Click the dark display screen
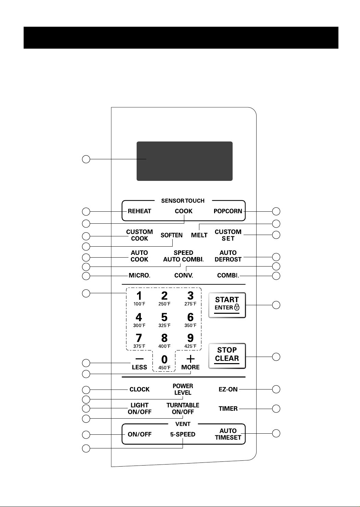[x=184, y=161]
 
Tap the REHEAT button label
[x=139, y=211]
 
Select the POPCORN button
[x=228, y=211]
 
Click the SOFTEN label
[x=172, y=235]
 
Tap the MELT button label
[x=199, y=235]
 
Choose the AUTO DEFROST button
[x=228, y=256]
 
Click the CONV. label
[x=184, y=275]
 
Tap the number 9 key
[x=190, y=338]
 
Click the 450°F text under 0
[x=164, y=368]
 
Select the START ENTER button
[x=227, y=305]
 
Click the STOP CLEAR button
[x=227, y=356]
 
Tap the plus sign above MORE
[x=190, y=359]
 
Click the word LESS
[x=139, y=367]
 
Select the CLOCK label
[x=139, y=389]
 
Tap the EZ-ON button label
[x=228, y=389]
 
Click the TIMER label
[x=228, y=409]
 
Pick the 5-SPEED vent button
[x=183, y=434]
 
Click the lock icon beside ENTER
[x=237, y=307]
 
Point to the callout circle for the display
[x=86, y=159]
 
